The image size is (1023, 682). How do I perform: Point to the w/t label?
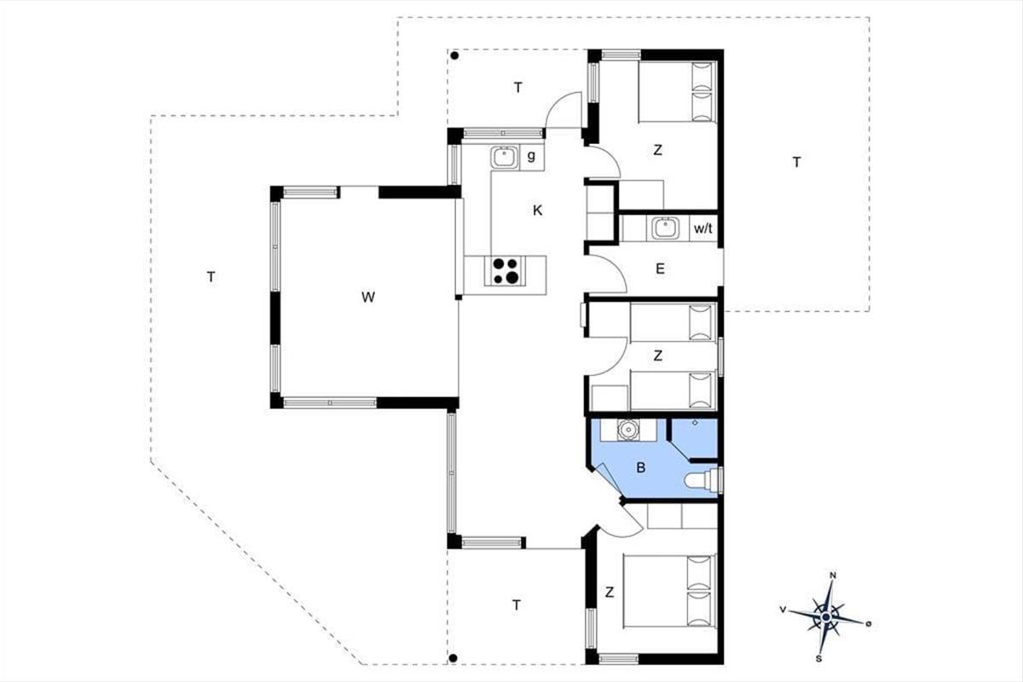[x=702, y=228]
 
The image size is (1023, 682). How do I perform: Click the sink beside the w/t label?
[x=665, y=228]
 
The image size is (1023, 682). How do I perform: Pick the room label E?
[x=660, y=269]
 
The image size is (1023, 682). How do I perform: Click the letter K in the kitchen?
[x=538, y=210]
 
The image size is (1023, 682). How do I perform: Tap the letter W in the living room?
[x=368, y=298]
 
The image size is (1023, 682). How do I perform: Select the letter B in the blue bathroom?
[x=641, y=468]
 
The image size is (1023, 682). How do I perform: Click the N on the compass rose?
[x=833, y=575]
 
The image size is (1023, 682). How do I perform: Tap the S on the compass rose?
[x=818, y=659]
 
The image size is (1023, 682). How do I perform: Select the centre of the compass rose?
[x=825, y=617]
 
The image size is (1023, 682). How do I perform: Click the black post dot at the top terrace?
[x=454, y=56]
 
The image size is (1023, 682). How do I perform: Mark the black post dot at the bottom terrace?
[x=453, y=658]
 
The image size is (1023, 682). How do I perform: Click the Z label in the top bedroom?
[x=657, y=150]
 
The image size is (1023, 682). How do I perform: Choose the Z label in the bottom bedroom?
[x=610, y=592]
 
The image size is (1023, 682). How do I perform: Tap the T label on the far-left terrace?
[x=211, y=277]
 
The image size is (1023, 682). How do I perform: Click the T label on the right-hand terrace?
[x=797, y=162]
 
